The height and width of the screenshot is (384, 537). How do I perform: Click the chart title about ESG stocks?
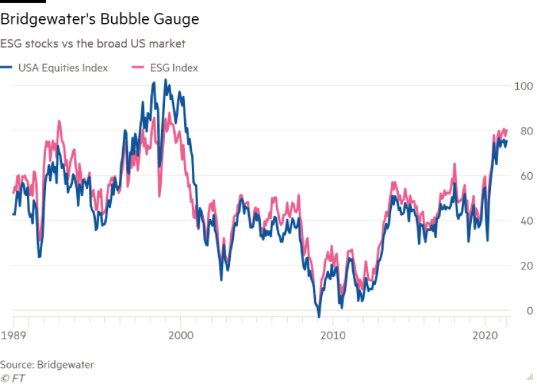point(93,44)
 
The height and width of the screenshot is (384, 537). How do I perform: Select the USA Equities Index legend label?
point(63,68)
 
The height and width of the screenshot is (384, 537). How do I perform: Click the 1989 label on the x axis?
point(13,335)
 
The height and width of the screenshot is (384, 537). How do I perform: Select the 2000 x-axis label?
point(181,335)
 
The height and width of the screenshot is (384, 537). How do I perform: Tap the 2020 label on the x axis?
point(485,335)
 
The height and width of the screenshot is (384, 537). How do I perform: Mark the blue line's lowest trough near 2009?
point(318,315)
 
